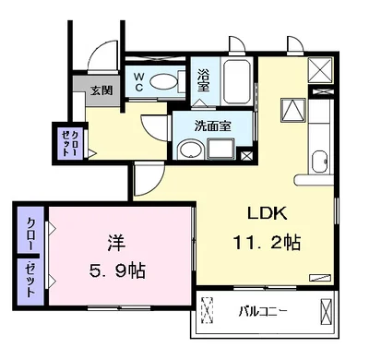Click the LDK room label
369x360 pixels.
(268, 213)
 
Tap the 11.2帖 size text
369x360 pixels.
(267, 243)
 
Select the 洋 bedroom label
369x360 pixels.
(116, 243)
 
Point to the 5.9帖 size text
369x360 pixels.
(117, 270)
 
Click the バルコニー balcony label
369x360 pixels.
(264, 312)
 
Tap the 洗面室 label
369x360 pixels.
(213, 126)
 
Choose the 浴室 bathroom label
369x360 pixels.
(203, 80)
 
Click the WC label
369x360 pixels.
(138, 82)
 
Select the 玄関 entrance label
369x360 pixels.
(101, 90)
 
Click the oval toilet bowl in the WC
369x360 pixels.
(164, 82)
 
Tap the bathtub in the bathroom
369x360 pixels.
(236, 82)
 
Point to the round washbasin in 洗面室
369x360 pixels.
(191, 150)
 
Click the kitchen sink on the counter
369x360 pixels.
(320, 162)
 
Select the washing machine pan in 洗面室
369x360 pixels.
(221, 149)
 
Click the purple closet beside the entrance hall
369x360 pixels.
(70, 143)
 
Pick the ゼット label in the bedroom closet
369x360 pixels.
(30, 280)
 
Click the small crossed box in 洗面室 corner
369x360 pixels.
(246, 155)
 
